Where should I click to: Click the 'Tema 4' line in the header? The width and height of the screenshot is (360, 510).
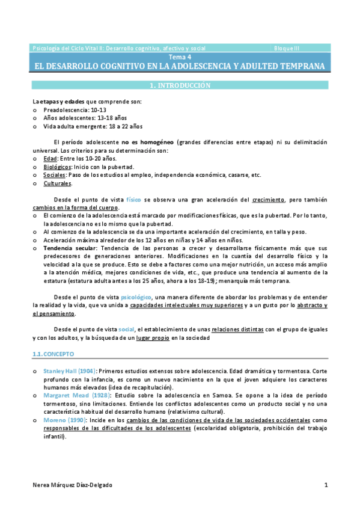point(180,57)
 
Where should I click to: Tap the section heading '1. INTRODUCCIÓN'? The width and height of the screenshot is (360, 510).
point(180,85)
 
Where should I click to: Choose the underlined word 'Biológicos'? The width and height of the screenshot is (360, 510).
point(58,167)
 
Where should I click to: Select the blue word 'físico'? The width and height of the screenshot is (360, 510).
point(133,199)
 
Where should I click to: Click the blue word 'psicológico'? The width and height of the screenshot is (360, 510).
point(136,297)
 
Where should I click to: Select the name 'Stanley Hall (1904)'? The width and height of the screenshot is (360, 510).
point(70,372)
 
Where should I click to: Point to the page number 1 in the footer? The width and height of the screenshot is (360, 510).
point(326,485)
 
